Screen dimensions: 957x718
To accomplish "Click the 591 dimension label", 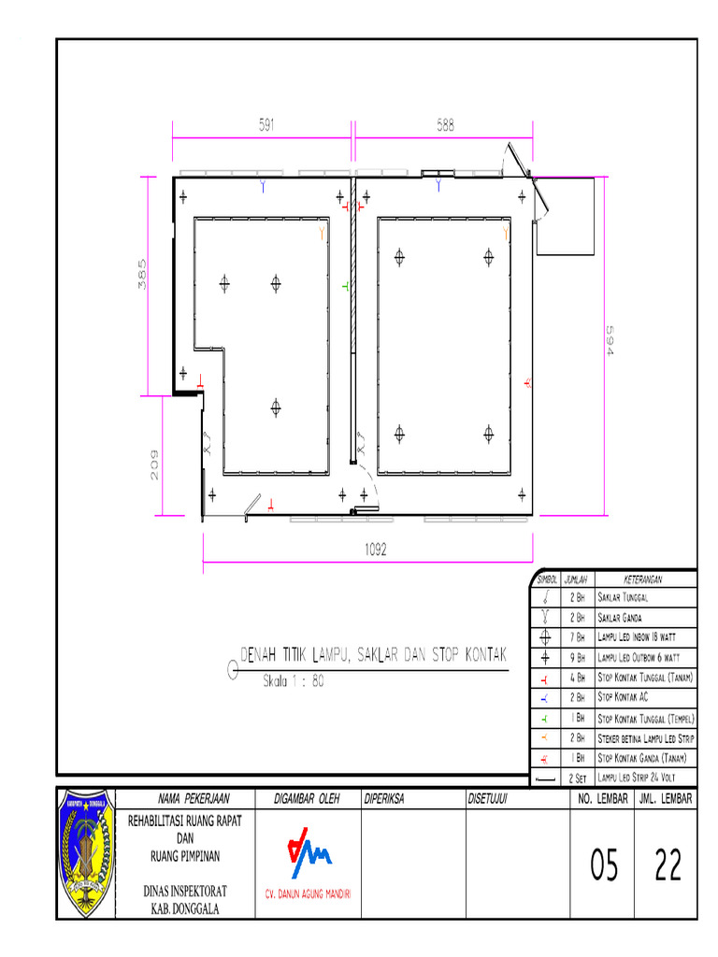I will (266, 124).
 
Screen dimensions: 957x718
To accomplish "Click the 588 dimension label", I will (444, 124).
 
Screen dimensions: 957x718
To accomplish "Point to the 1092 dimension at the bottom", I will (376, 550).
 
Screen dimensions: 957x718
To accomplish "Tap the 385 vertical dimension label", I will (142, 275).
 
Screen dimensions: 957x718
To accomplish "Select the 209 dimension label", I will (155, 465).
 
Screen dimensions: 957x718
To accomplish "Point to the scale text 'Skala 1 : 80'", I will (292, 681).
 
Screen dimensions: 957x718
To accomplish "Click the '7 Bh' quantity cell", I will (577, 638).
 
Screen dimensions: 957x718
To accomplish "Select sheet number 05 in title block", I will (604, 867).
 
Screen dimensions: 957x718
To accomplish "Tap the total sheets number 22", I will (668, 867).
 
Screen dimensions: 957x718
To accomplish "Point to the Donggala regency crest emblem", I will (85, 852).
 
